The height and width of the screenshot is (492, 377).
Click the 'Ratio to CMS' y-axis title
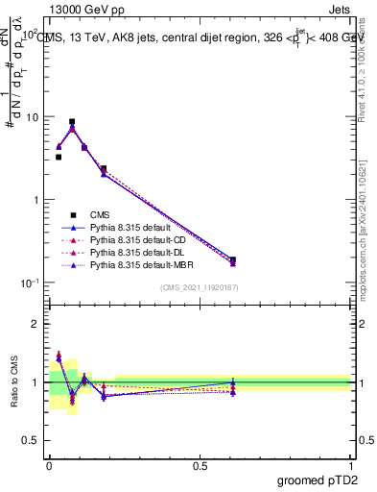click(15, 382)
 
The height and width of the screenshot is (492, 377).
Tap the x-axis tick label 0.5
click(200, 464)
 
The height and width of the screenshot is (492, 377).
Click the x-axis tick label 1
click(351, 464)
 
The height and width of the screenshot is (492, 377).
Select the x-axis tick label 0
click(49, 464)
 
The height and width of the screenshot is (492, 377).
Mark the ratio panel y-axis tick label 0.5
click(33, 440)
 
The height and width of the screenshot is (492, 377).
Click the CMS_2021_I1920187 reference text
click(200, 286)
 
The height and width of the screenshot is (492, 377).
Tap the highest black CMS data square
click(72, 122)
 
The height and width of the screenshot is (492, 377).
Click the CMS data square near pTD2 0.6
click(233, 259)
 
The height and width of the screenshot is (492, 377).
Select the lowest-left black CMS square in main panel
click(59, 157)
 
